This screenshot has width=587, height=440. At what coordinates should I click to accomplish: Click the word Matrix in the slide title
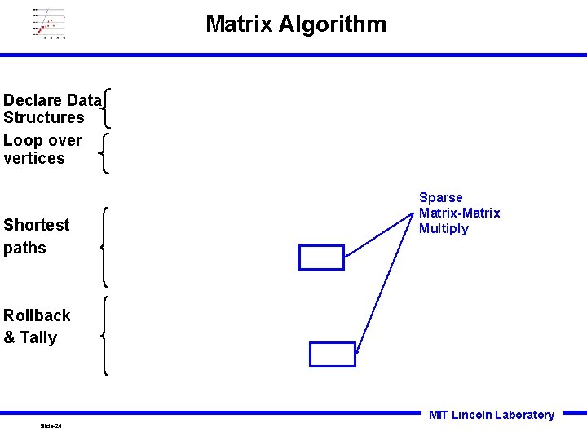[239, 24]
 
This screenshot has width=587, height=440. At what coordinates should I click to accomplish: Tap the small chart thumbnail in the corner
[49, 23]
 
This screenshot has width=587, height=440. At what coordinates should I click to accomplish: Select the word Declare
[33, 100]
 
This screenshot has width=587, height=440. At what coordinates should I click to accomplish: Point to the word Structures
[43, 118]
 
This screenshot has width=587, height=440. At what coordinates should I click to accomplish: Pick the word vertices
[33, 159]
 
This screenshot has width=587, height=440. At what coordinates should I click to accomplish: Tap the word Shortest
[37, 225]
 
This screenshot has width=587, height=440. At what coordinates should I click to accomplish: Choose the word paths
[24, 248]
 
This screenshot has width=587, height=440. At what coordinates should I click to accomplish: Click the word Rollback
[37, 315]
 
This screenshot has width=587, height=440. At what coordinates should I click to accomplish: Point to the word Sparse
[440, 198]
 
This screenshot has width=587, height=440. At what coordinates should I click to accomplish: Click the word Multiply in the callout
[444, 229]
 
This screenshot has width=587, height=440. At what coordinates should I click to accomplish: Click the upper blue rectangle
[321, 257]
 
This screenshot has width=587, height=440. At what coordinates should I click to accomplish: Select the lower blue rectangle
[333, 354]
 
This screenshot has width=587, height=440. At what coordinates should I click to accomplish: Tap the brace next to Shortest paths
[106, 246]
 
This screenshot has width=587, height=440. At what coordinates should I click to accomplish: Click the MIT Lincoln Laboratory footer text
[491, 415]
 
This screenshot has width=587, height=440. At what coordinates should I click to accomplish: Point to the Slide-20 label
[51, 426]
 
